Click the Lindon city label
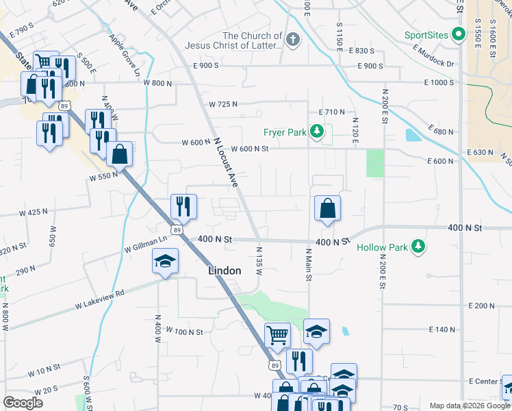coord(225,271)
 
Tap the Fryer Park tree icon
coord(317,131)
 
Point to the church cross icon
coord(293,40)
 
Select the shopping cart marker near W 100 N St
coord(278,335)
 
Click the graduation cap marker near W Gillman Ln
coord(165,261)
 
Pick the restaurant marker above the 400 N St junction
coord(183,206)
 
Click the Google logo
coord(23,403)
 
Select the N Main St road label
coord(308,264)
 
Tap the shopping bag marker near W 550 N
coord(119,154)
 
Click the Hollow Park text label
coord(382,247)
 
